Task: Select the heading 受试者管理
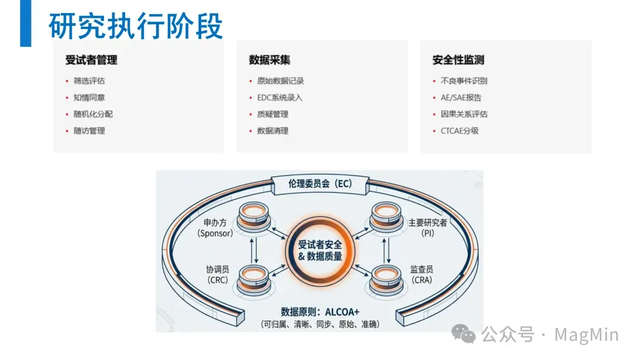tap(91, 60)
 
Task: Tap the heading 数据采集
tap(270, 60)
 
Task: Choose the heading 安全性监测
tap(459, 60)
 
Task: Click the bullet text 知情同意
tap(89, 98)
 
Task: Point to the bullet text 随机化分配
tap(93, 114)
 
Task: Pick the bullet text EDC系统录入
tap(280, 98)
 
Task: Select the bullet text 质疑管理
tap(273, 114)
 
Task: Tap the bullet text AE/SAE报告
tap(461, 98)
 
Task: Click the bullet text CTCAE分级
tap(460, 131)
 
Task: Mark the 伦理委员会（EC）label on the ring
tap(320, 184)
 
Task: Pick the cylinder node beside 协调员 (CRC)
tap(253, 278)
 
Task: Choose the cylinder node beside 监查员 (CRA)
tap(387, 278)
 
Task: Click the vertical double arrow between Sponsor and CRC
tap(254, 249)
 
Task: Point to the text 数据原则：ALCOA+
tap(320, 312)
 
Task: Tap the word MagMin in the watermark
tap(586, 335)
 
